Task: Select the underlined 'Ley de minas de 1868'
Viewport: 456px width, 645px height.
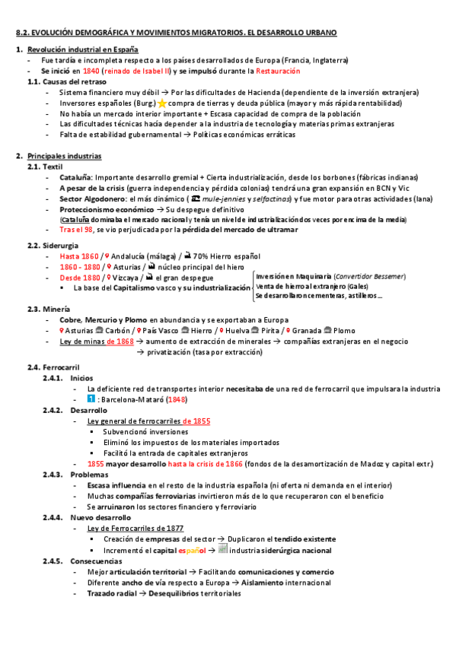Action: click(97, 342)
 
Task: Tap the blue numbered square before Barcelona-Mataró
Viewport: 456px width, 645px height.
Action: click(91, 399)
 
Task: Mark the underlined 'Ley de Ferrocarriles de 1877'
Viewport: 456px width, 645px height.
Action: click(136, 528)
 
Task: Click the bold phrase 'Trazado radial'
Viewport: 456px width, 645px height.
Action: click(113, 593)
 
